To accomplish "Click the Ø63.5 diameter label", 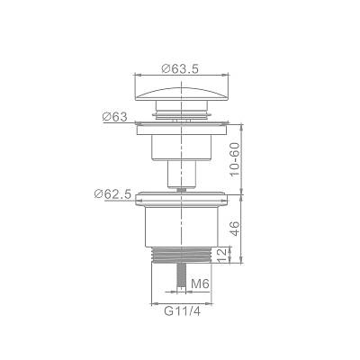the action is (x=180, y=68).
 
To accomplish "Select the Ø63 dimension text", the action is (x=114, y=116).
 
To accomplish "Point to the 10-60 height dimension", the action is (x=236, y=158).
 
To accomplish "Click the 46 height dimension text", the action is (x=236, y=229).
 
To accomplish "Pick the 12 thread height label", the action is (x=222, y=256).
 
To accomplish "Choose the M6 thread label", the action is (x=200, y=283).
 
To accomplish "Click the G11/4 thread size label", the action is (x=182, y=312).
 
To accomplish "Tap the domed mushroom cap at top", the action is (x=181, y=94).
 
